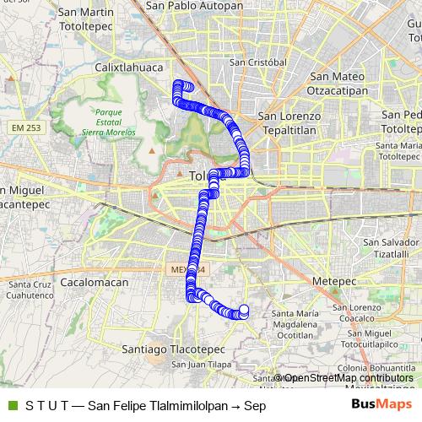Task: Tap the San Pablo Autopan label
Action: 194,5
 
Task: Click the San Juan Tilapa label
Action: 202,365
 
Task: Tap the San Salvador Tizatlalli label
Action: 390,248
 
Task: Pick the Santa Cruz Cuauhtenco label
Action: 30,290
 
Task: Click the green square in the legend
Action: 11,406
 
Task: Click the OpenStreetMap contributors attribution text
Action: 346,378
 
